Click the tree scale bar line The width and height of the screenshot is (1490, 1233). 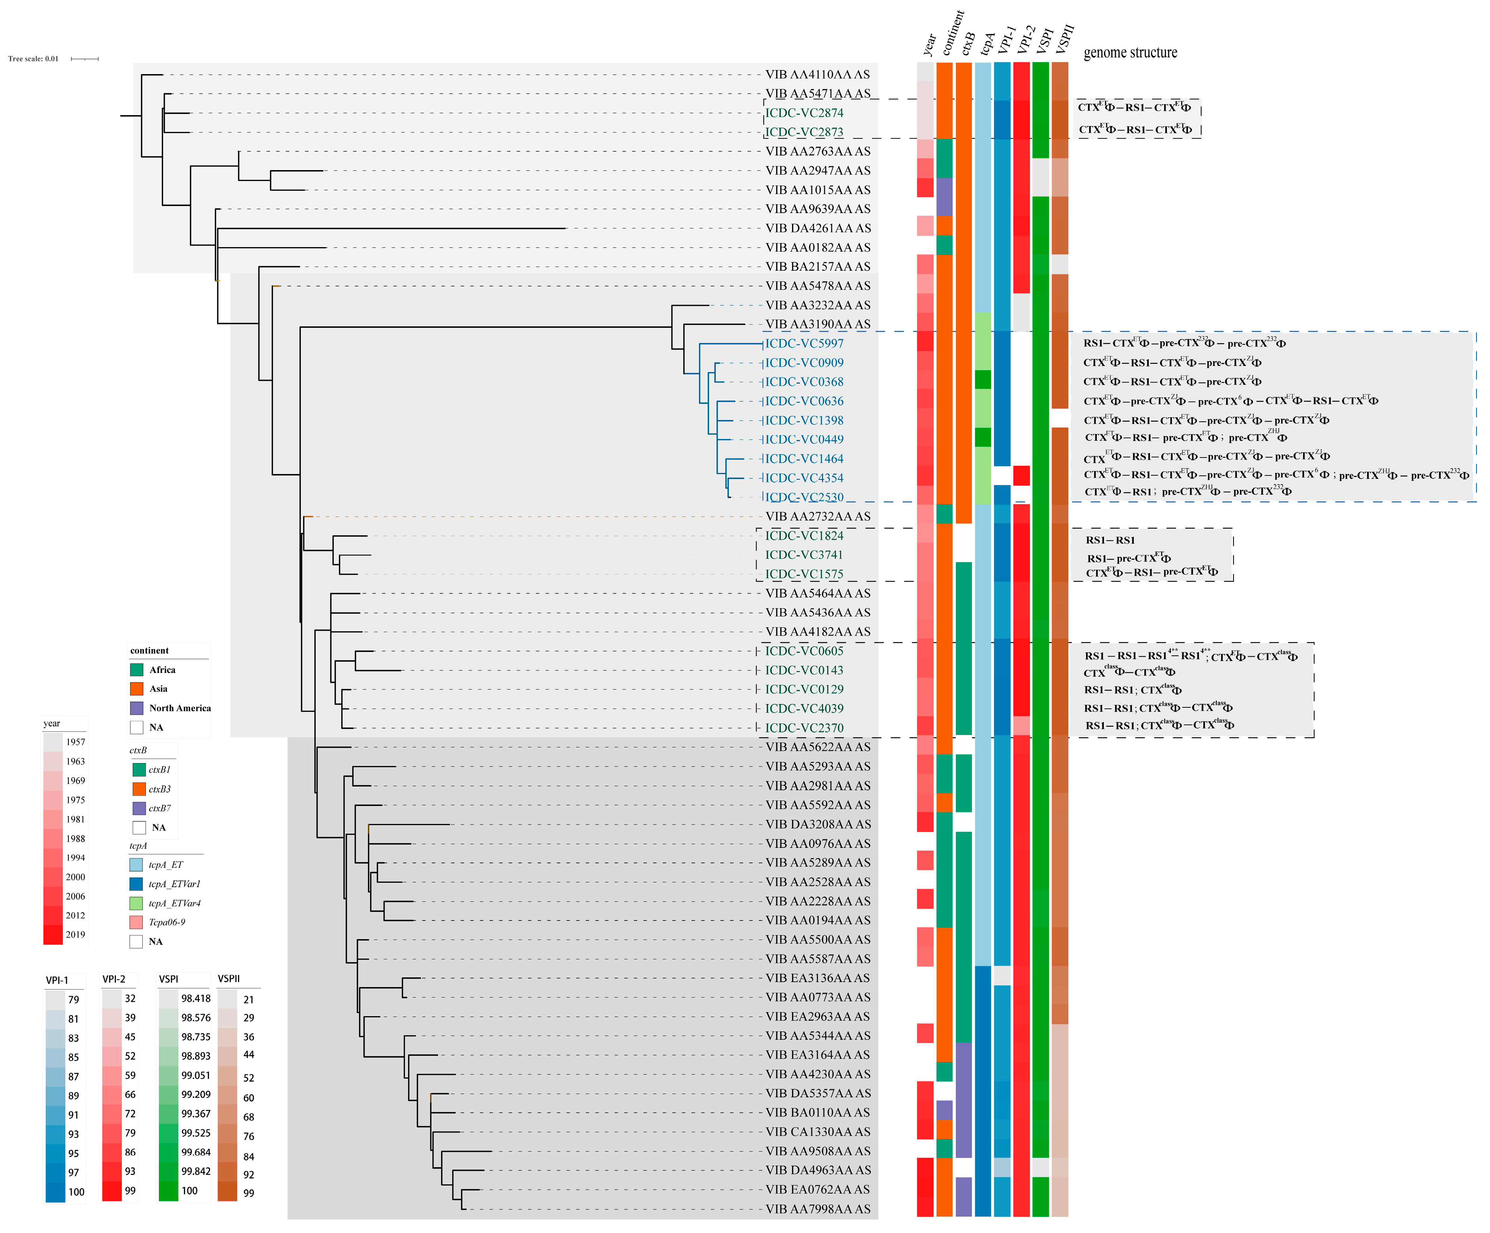(84, 59)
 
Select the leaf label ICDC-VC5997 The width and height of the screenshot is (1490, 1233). (804, 343)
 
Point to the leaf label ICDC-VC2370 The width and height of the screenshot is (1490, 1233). (804, 728)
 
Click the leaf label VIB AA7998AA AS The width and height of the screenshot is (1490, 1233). (818, 1209)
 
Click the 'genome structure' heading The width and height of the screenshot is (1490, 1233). (1130, 52)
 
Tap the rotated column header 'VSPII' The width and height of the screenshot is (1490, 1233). (1064, 39)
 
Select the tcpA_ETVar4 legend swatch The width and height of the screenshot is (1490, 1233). (136, 903)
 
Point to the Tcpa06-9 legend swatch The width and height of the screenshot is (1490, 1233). (136, 922)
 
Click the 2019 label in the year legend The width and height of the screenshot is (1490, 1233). (75, 934)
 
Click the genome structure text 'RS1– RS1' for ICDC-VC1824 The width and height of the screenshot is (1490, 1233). (1111, 540)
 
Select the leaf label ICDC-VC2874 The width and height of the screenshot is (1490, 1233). (804, 113)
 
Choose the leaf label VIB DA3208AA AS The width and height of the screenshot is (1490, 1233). (818, 824)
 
